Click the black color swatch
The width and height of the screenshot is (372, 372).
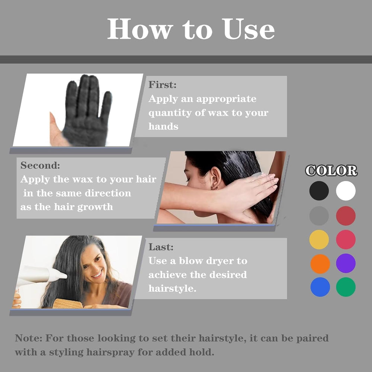[x=319, y=191]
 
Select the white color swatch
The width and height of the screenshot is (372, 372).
[x=346, y=191]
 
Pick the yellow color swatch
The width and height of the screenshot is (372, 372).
[x=319, y=240]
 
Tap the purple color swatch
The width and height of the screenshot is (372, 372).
[x=346, y=263]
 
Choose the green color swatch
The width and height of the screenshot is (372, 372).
[x=346, y=287]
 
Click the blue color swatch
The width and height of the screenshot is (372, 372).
[x=320, y=287]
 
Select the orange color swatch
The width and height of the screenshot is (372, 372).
[x=320, y=263]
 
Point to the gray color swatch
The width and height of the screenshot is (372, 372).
[x=319, y=216]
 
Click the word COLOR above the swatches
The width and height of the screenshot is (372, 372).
[x=331, y=171]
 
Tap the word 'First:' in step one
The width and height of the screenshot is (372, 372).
[x=163, y=85]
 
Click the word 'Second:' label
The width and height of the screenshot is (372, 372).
[x=40, y=165]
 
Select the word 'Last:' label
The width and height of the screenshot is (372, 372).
[x=161, y=247]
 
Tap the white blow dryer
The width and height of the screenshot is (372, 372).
[x=41, y=275]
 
